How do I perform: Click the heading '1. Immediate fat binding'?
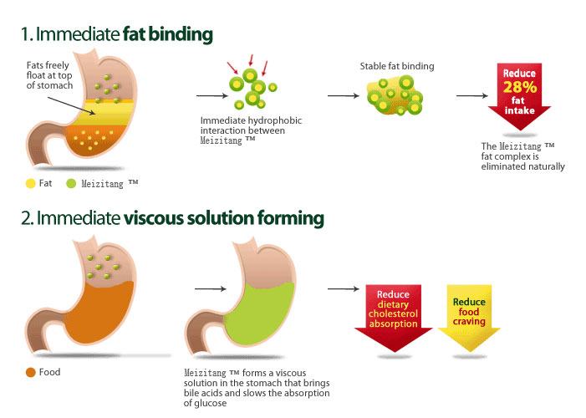click(x=117, y=34)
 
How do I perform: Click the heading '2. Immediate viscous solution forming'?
click(x=172, y=219)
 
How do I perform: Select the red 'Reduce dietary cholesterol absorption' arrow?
click(x=393, y=313)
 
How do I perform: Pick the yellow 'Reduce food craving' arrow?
click(x=468, y=313)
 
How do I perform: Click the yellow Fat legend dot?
click(x=31, y=182)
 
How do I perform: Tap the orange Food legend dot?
click(x=31, y=371)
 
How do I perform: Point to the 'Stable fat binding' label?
click(x=397, y=66)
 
